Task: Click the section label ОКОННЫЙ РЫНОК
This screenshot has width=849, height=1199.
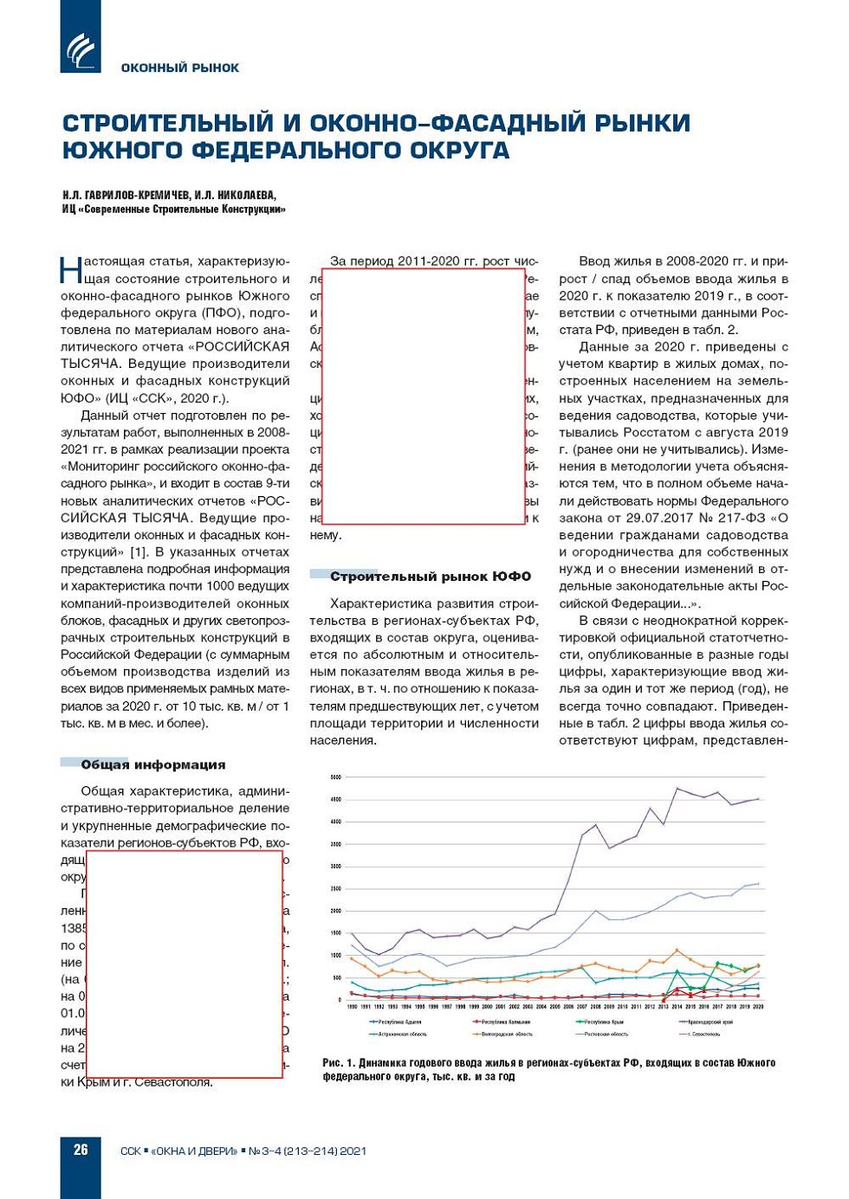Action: tap(179, 68)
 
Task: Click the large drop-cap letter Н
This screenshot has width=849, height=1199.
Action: tap(70, 269)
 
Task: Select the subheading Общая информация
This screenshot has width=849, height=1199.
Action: tap(152, 764)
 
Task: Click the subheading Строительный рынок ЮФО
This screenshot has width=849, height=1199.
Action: tap(430, 576)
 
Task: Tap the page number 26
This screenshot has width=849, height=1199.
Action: tap(81, 1150)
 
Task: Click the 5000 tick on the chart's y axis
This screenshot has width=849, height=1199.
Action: tap(335, 777)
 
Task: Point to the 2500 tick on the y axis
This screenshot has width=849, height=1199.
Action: tap(335, 889)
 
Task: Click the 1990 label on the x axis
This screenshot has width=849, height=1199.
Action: tap(352, 1008)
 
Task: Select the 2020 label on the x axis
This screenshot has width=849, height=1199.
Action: tap(758, 1008)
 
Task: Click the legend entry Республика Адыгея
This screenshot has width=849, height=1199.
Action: tap(399, 1022)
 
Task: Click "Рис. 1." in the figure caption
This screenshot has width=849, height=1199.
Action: tap(338, 1062)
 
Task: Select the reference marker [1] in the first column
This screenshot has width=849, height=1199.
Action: tap(138, 551)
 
